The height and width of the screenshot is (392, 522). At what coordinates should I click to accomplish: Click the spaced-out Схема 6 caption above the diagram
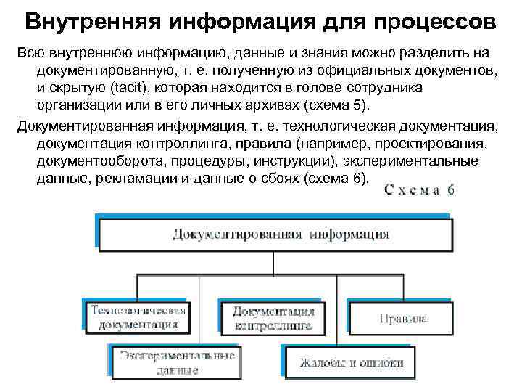click(419, 189)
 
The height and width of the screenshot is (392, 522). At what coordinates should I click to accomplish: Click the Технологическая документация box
click(138, 317)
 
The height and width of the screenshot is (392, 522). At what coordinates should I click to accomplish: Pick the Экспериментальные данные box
click(177, 362)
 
